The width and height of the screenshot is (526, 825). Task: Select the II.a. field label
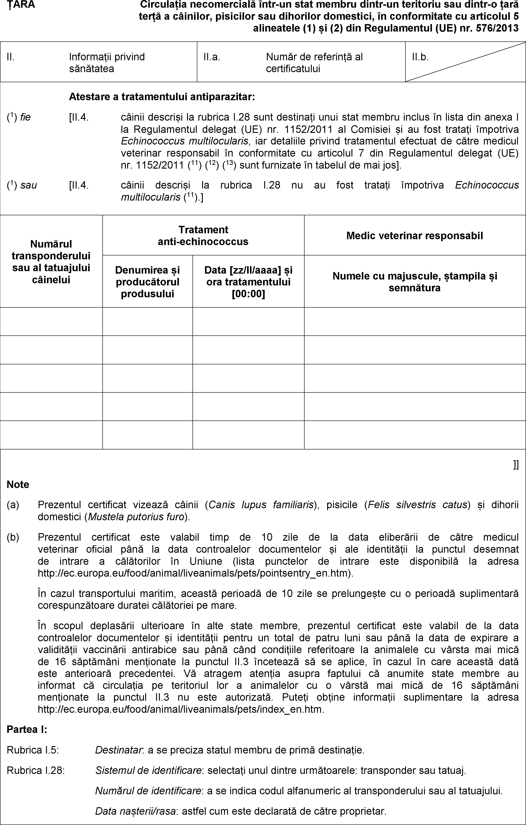tap(211, 57)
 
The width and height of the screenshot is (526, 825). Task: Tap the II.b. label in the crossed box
tap(420, 57)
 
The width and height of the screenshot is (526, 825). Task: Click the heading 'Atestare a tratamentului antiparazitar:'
tap(162, 97)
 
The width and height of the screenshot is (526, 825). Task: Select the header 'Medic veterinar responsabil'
tap(415, 235)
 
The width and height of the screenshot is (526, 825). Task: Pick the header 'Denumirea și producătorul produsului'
tap(147, 282)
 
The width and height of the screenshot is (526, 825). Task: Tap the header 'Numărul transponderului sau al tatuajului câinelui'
tap(51, 262)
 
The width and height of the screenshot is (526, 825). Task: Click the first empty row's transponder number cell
tap(51, 321)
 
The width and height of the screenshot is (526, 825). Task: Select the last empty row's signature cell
tap(415, 435)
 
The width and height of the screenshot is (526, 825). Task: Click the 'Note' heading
tap(18, 485)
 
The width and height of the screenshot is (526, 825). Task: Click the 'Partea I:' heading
tap(27, 730)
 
